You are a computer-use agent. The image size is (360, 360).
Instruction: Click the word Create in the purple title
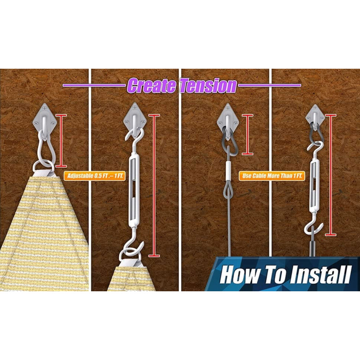pyautogui.click(x=152, y=86)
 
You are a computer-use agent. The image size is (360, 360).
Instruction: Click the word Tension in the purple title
pyautogui.click(x=208, y=86)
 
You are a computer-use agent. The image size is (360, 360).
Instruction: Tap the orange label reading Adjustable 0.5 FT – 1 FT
pyautogui.click(x=95, y=176)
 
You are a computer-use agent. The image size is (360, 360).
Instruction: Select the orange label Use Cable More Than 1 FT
pyautogui.click(x=272, y=176)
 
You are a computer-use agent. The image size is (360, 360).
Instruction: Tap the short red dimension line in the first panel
pyautogui.click(x=61, y=141)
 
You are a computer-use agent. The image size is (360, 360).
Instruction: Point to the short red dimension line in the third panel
pyautogui.click(x=248, y=134)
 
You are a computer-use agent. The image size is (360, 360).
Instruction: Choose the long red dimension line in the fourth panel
pyautogui.click(x=331, y=175)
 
